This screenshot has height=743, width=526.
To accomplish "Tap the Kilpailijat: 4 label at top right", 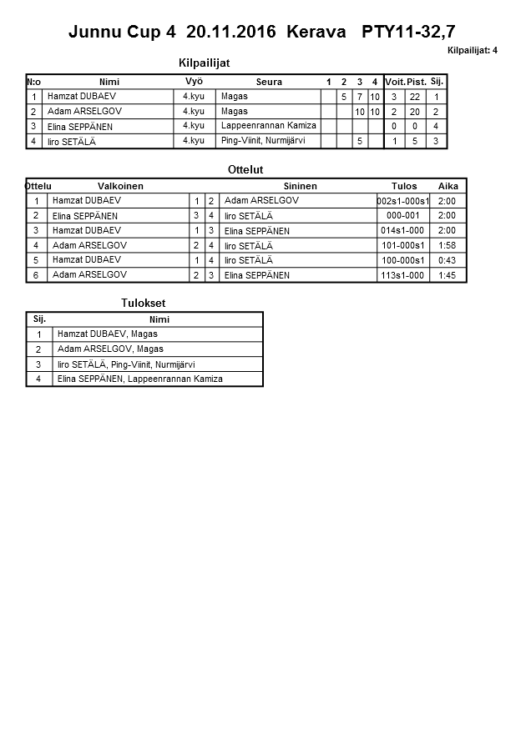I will click(x=472, y=51).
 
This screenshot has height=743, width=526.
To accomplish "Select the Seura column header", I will click(x=269, y=82).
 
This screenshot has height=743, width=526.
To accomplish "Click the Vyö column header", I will click(x=194, y=81).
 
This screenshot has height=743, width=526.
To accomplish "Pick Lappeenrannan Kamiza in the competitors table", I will click(x=269, y=126).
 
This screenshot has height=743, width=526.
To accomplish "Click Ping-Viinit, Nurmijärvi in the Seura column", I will click(x=263, y=141).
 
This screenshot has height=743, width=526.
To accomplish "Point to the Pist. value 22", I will click(x=415, y=97).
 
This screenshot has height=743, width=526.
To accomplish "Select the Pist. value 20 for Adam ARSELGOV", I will click(x=415, y=112).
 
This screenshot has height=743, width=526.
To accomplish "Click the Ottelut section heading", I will click(x=245, y=170).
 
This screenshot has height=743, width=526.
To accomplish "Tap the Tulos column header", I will click(x=404, y=186).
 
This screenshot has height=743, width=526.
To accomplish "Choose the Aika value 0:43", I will click(x=447, y=260).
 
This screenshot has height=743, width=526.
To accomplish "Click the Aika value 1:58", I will click(x=447, y=245).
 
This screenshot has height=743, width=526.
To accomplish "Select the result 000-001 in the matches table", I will click(x=403, y=215).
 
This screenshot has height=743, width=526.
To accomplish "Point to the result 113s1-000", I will click(x=402, y=275).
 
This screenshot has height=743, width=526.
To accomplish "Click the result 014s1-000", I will click(x=402, y=230).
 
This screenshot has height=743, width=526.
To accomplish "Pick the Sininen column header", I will click(x=300, y=186).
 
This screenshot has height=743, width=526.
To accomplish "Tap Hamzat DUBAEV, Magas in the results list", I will click(x=108, y=334).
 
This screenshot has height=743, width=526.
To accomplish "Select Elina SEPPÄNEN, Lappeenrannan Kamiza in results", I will click(x=140, y=379).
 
